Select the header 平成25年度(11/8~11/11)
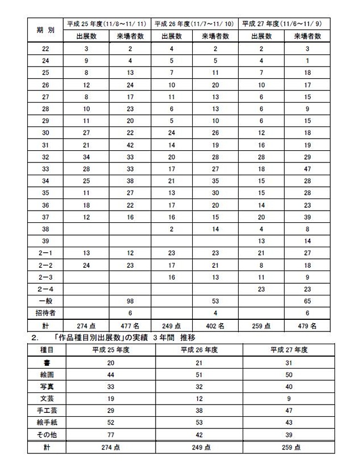coord(106,24)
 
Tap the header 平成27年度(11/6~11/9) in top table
coord(285,24)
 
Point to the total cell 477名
coord(129,325)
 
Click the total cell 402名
coord(215,325)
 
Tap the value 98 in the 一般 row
coord(129,301)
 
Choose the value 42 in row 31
coord(129,145)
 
